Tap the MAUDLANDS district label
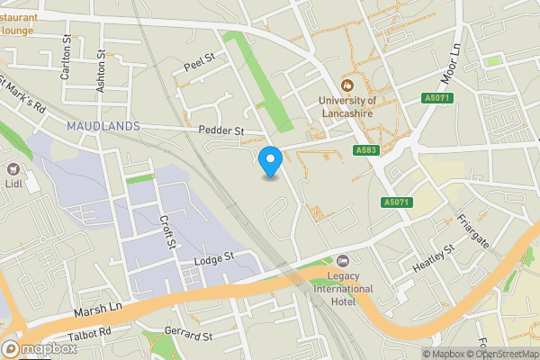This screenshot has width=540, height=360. (103, 126)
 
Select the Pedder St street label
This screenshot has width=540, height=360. (221, 130)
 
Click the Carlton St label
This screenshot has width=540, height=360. (66, 59)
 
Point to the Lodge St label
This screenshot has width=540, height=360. (213, 257)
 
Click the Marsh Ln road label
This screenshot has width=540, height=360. (97, 309)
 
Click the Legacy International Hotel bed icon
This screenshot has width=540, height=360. (341, 259)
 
